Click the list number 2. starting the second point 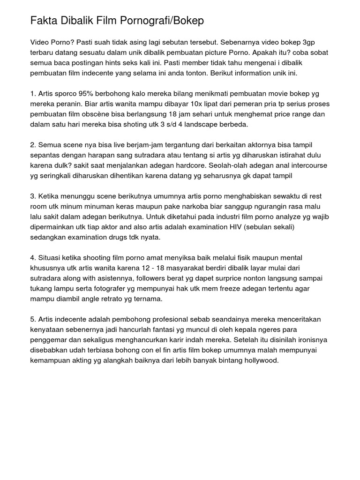(x=33, y=145)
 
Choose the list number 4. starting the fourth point (x=33, y=258)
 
